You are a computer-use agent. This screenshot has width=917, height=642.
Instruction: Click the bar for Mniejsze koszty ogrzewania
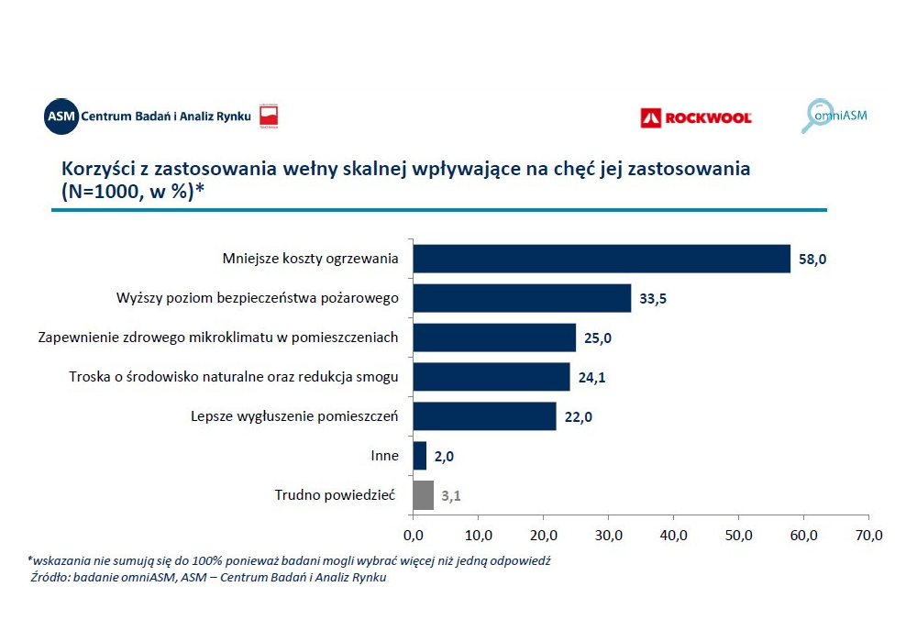click(x=601, y=259)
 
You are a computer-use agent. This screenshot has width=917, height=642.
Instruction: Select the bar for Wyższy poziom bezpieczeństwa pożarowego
click(x=522, y=298)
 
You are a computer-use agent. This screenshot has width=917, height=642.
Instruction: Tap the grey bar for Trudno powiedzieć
click(x=423, y=495)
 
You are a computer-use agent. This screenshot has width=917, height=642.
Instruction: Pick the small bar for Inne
click(x=419, y=456)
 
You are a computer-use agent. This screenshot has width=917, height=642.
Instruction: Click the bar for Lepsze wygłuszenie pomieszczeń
click(x=484, y=416)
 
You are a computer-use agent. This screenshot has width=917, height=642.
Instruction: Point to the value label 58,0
click(x=812, y=260)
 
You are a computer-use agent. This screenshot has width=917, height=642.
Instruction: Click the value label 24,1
click(x=591, y=378)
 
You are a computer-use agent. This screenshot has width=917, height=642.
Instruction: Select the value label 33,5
click(x=653, y=299)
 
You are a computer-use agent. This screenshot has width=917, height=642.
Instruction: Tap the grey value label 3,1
click(x=450, y=496)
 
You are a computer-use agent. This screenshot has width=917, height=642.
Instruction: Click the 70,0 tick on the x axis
click(x=867, y=536)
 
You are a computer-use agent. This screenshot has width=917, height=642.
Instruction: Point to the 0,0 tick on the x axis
click(x=413, y=536)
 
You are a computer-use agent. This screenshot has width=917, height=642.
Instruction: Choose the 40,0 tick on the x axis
click(x=673, y=536)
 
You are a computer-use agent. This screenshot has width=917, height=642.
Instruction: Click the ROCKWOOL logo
click(x=696, y=117)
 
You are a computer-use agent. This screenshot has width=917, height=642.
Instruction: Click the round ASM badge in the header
click(x=61, y=116)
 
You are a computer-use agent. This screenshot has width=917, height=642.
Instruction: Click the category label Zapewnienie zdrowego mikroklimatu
click(x=218, y=338)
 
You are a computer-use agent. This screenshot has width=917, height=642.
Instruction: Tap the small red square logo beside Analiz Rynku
click(x=269, y=116)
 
